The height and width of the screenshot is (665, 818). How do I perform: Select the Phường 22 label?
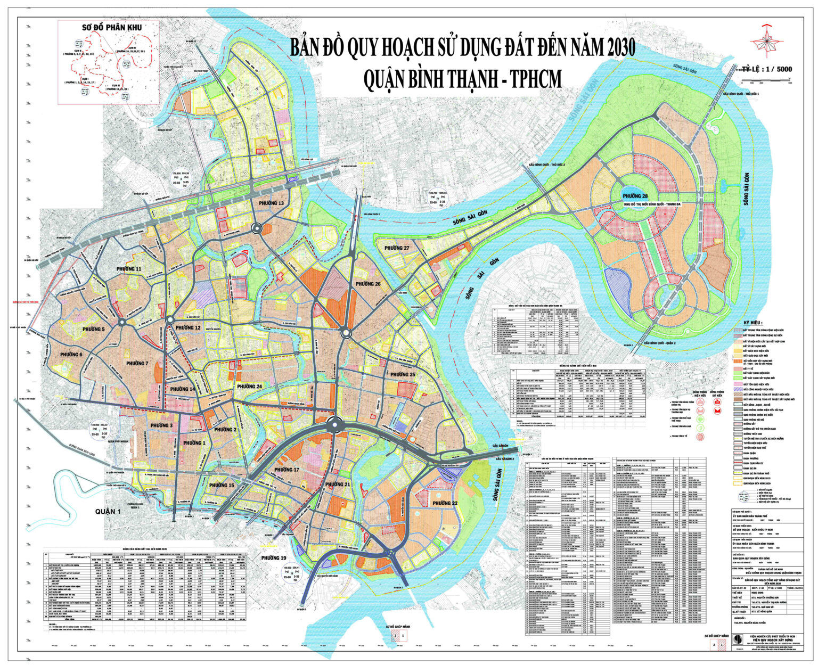tap(445, 503)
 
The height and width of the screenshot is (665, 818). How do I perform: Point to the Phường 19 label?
tap(274, 558)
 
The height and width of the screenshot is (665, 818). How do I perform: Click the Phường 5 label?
tap(94, 330)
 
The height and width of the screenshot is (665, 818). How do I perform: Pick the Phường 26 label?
tap(368, 284)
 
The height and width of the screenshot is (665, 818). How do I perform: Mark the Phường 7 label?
tap(137, 363)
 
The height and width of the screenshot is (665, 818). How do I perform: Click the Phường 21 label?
tap(339, 484)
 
